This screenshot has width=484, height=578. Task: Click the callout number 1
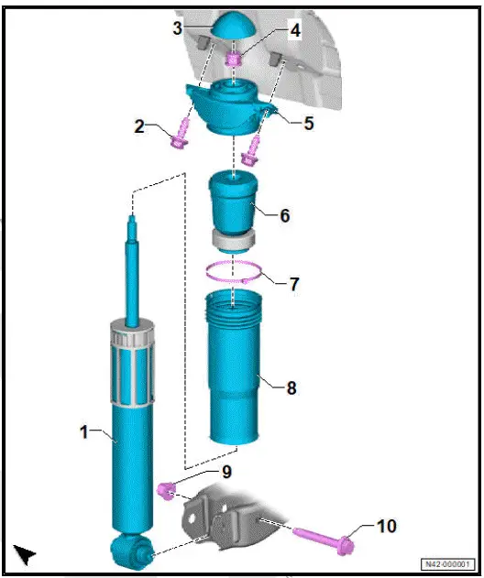(85, 431)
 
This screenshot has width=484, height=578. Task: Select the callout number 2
(140, 126)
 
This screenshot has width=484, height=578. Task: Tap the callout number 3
(177, 28)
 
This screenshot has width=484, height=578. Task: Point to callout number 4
(295, 31)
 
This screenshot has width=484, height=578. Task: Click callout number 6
(285, 216)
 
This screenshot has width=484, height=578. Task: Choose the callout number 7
(293, 284)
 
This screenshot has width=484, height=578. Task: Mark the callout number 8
(291, 387)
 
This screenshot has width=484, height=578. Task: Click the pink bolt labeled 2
(177, 135)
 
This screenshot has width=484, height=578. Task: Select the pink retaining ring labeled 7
(234, 271)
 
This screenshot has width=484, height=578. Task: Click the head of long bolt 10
(346, 541)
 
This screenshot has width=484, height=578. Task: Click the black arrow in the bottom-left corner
(25, 553)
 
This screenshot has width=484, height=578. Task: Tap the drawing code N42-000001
(446, 564)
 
